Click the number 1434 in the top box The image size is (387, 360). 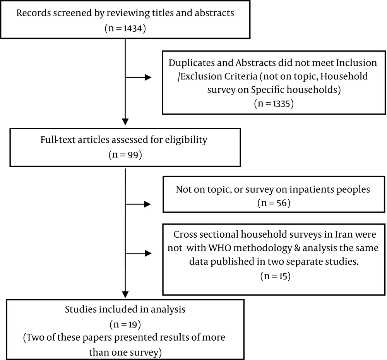pyautogui.click(x=133, y=29)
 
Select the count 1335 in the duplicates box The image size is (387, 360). pyautogui.click(x=281, y=103)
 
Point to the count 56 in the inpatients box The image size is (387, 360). pyautogui.click(x=282, y=203)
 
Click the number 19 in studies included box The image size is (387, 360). pyautogui.click(x=133, y=324)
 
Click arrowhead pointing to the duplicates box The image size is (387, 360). pyautogui.click(x=148, y=77)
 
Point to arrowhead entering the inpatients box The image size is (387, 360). pyautogui.click(x=147, y=204)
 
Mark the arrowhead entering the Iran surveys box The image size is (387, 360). pyautogui.click(x=148, y=253)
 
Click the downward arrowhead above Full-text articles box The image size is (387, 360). pyautogui.click(x=125, y=122)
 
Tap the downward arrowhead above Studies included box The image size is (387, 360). pyautogui.click(x=125, y=295)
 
